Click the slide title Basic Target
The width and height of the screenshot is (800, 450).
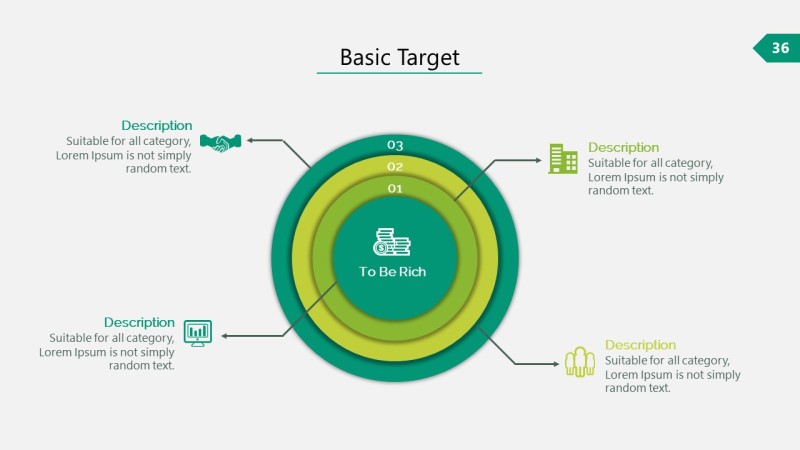point(399,57)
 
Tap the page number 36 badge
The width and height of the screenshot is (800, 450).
point(778,48)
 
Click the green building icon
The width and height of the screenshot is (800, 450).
point(563,158)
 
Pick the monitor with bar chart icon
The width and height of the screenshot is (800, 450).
point(198,333)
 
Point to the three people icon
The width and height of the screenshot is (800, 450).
point(580,361)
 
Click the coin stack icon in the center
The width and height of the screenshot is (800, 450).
point(392,242)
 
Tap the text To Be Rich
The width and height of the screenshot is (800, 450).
point(393,272)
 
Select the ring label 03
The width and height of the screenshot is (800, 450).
point(395,145)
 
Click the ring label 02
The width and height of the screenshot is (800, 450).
point(395,167)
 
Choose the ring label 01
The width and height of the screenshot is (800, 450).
point(395,188)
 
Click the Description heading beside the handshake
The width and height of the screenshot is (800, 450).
point(157,125)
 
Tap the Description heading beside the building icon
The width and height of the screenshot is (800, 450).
point(623,147)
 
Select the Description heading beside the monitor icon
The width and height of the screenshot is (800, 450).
point(139,322)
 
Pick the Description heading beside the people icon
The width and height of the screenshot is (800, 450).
point(640,345)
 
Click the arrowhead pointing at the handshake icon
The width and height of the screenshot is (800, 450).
point(251,140)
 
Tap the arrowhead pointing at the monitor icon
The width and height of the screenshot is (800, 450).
point(225,336)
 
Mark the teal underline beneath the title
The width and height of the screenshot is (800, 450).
point(399,73)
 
